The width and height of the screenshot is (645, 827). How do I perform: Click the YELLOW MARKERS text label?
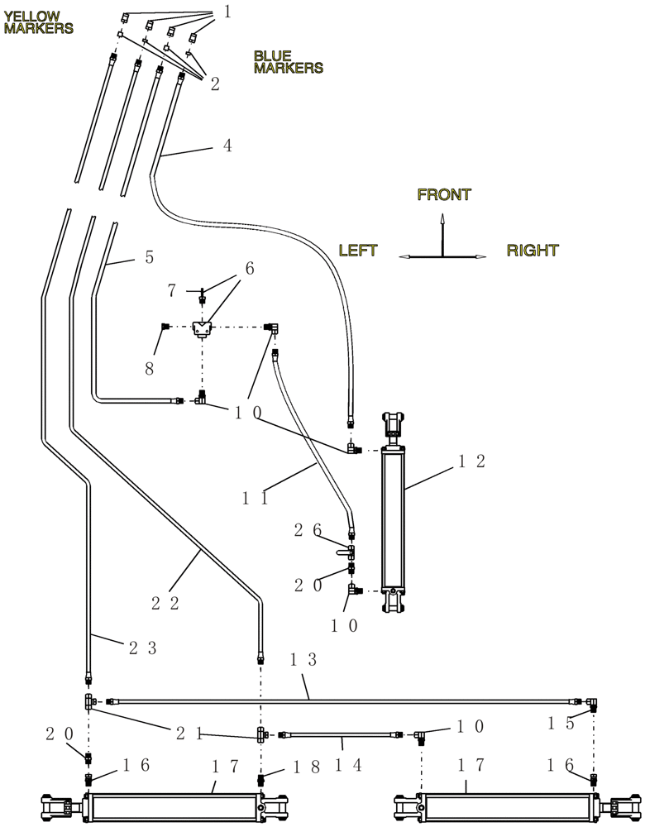point(38,22)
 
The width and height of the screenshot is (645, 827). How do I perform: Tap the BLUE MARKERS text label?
point(288,62)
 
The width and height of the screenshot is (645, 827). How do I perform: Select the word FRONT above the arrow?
point(444,195)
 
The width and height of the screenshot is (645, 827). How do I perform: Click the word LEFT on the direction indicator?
point(358,250)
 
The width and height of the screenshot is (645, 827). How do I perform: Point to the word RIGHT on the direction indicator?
point(533,250)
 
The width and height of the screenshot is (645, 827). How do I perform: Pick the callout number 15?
point(561,723)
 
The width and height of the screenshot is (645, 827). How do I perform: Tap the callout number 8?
point(150,370)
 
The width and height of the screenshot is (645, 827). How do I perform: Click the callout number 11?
point(256,499)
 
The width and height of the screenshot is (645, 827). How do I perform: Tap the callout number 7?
point(172,290)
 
